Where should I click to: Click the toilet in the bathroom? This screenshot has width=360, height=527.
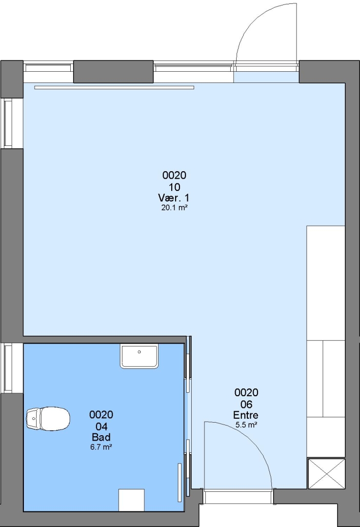point(48,419)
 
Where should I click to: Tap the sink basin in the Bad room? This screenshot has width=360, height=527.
point(139,357)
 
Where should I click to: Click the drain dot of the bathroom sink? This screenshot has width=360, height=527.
point(139,352)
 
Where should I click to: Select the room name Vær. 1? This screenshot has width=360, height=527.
point(174,197)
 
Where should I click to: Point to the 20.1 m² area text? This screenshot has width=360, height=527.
point(174,208)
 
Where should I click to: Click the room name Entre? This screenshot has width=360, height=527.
point(246,415)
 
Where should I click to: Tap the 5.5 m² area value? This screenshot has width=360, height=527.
point(246,425)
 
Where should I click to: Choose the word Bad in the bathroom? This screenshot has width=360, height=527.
point(101,437)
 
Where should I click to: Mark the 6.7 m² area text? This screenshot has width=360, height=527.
point(101,447)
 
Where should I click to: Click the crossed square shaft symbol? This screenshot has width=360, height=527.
point(326,473)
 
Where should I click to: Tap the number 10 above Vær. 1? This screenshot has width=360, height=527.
point(174,187)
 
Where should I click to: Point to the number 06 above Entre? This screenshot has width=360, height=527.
point(246,404)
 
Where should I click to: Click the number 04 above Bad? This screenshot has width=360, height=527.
point(101,426)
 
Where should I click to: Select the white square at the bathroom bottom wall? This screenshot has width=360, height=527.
point(131,500)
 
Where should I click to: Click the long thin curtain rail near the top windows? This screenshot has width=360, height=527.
point(114,88)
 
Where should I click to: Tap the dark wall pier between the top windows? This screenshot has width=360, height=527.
point(113,72)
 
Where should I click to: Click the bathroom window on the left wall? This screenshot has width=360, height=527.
point(8,368)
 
